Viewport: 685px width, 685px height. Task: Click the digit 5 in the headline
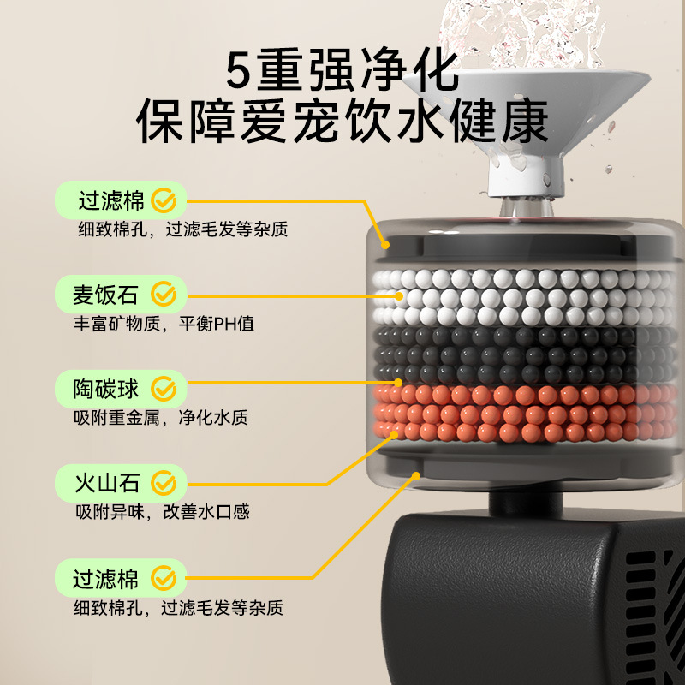(x=238, y=70)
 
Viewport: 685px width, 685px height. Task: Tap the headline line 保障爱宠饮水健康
(x=342, y=121)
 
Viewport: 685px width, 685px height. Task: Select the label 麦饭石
(x=105, y=295)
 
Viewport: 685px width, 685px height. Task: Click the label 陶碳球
(x=105, y=389)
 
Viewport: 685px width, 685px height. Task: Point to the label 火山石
(x=107, y=483)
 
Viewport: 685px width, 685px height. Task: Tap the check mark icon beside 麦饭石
(x=164, y=294)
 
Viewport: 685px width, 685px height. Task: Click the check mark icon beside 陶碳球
(x=164, y=389)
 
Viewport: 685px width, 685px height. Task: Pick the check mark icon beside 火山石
(x=164, y=483)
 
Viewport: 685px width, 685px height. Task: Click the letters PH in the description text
(x=224, y=325)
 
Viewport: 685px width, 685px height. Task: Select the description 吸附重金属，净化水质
(x=161, y=418)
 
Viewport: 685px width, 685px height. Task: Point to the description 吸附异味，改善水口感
(x=163, y=512)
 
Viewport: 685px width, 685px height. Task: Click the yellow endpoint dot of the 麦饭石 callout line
(x=399, y=296)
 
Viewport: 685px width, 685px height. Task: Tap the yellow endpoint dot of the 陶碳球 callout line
(x=398, y=383)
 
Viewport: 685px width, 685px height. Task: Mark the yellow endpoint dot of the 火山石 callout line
(x=394, y=435)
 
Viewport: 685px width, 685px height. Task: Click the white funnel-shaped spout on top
(x=527, y=127)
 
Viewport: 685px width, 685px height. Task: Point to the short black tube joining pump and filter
(x=526, y=503)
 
